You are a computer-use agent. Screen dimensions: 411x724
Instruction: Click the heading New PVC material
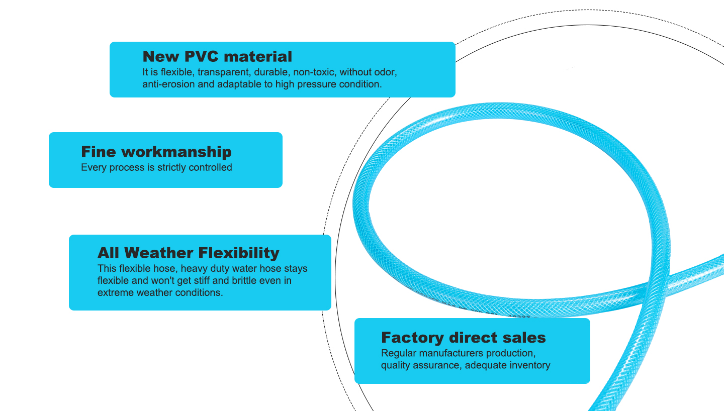217,56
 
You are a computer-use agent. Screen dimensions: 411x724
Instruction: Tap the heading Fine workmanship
156,152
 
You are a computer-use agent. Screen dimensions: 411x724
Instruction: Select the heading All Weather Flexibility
189,252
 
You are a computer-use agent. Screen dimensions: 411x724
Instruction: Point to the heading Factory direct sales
463,337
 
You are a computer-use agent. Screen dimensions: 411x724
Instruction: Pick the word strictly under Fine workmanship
171,167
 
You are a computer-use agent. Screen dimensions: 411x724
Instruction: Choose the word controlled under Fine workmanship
210,167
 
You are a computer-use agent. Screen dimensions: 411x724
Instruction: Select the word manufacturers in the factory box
446,353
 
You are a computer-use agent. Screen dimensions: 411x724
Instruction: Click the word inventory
530,365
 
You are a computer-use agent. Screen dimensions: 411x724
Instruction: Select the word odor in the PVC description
386,72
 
